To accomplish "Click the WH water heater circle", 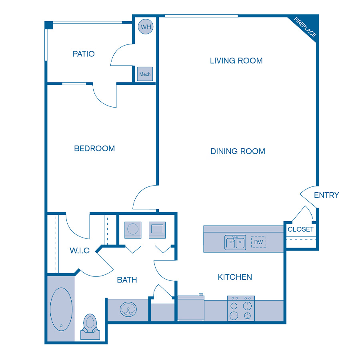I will pos(145,27).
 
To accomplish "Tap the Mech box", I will pos(145,74).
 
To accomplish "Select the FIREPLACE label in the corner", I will pos(305,28).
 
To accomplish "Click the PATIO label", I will pos(84,54).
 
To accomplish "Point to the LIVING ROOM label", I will pos(236,61).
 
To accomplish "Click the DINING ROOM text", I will pos(238,151).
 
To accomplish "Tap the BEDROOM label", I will pos(94,148).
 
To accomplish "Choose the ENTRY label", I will pos(326,195).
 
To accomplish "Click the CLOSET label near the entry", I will pos(300,229).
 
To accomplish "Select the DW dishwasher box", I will pos(258,242).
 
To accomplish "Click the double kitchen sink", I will pos(235,242).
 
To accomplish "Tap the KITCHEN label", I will pos(235,277).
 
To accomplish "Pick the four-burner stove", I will pos(241,308).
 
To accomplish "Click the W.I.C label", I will pos(79,251).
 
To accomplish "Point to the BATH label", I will pos(127,280).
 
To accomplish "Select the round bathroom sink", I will pos(128,309).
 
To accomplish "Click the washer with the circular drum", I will pos(132,230).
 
